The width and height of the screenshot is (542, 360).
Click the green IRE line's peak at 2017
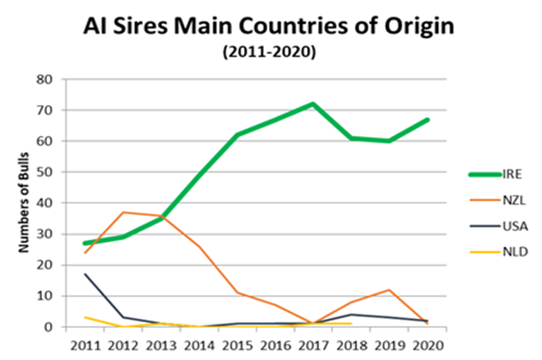tap(313, 104)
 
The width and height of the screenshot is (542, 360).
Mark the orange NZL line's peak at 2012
tap(123, 212)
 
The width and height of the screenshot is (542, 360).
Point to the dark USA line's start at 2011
tap(85, 274)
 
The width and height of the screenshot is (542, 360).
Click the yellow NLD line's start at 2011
tap(85, 318)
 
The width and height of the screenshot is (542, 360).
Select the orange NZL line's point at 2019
tap(390, 290)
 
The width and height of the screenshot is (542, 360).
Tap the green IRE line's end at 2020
tap(427, 119)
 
